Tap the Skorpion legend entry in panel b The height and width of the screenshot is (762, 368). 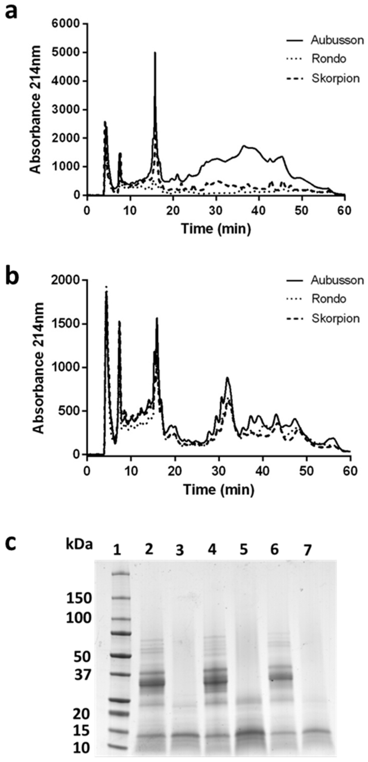point(335,318)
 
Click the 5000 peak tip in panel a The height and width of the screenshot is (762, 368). point(155,53)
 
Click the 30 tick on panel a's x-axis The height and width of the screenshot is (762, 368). point(216,211)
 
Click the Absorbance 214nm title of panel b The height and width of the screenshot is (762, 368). point(38,368)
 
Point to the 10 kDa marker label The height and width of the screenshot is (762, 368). point(79,749)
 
